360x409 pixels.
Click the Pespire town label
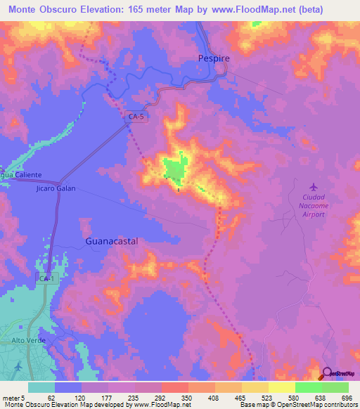click(212, 60)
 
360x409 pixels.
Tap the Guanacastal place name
click(111, 240)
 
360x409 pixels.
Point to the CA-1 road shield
click(45, 279)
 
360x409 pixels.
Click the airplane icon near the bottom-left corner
click(17, 366)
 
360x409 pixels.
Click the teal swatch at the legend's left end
click(41, 388)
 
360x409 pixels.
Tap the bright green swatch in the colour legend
click(309, 388)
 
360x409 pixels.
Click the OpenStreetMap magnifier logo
click(327, 373)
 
